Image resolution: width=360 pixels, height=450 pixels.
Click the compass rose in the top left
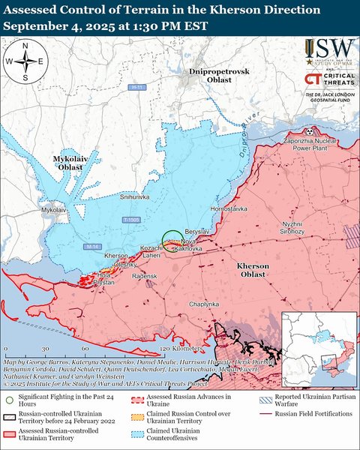(x=25, y=61)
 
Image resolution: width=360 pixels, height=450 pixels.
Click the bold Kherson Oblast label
(x=258, y=271)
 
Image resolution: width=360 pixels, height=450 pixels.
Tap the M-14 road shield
(x=92, y=247)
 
